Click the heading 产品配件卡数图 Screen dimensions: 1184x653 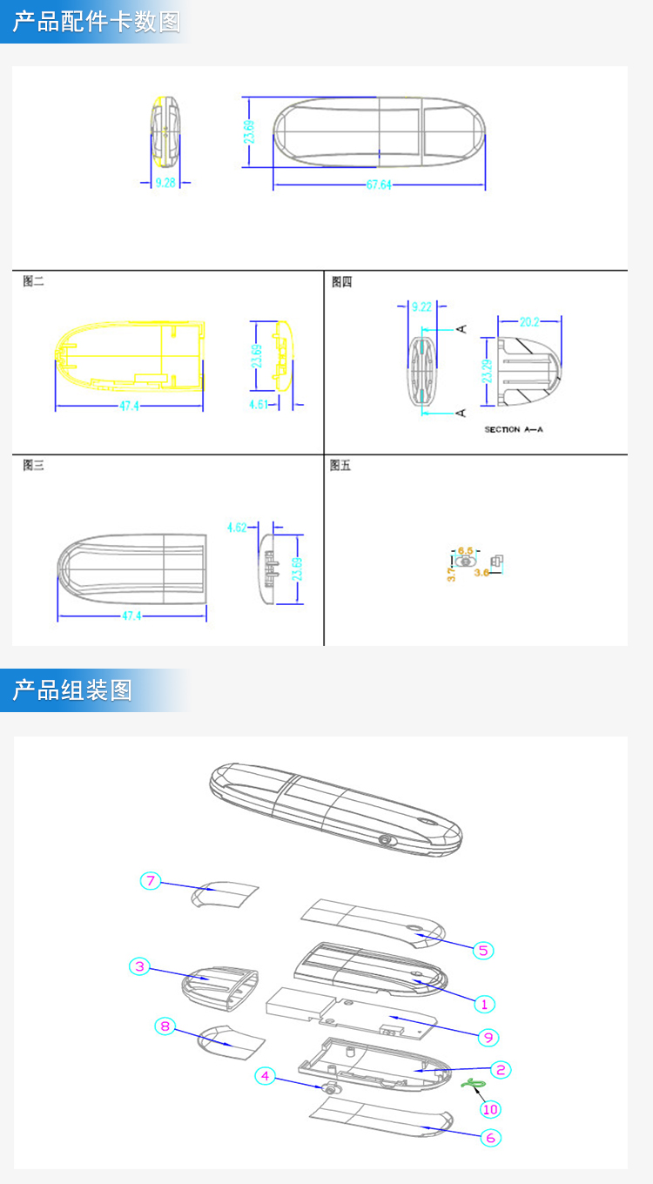coord(97,22)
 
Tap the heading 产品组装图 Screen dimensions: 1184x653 coord(72,690)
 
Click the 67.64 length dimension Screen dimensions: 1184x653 coord(379,185)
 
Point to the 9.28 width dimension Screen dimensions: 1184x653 coord(165,183)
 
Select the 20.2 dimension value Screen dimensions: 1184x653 coord(529,322)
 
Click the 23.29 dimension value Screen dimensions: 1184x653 coord(488,371)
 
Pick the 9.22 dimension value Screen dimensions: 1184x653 coord(421,306)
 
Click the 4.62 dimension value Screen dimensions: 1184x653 coord(238,527)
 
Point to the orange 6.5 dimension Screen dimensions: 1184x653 coord(466,550)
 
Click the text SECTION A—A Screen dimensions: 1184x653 coord(514,429)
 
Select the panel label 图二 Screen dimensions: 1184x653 coord(33,281)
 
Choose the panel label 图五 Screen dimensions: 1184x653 coord(340,466)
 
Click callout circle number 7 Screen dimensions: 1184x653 coord(151,881)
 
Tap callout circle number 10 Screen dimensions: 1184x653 coord(490,1108)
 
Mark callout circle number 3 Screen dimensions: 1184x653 coord(139,965)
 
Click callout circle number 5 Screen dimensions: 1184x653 coord(484,950)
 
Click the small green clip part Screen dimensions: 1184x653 coord(474,1083)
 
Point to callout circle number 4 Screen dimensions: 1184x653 coord(266,1076)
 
